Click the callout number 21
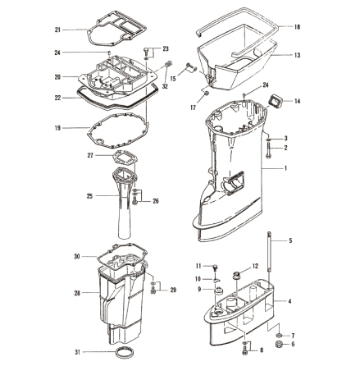coord(57,30)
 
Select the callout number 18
coord(297,27)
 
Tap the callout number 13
coord(297,55)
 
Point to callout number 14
coord(297,101)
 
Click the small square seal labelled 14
coord(275,100)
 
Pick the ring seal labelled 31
coord(124,353)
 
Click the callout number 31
coord(78,352)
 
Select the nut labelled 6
coord(279,344)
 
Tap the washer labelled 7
coord(279,335)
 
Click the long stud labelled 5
coord(269,252)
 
